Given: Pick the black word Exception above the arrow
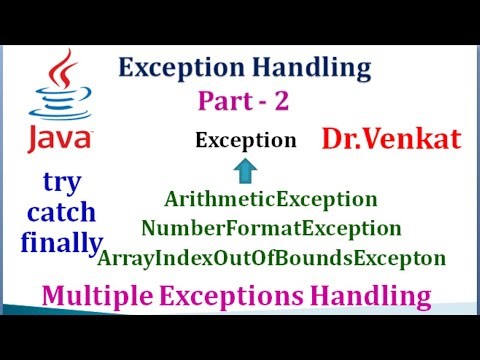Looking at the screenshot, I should [x=246, y=140].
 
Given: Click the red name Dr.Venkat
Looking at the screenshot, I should [x=391, y=138].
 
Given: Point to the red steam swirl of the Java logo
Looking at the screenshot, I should [x=65, y=66].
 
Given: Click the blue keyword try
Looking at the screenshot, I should [x=65, y=183].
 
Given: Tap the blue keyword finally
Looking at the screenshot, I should [x=60, y=242].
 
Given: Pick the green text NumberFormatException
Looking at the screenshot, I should [x=271, y=229].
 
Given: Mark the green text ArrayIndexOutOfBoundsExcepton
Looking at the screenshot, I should [x=272, y=258].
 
